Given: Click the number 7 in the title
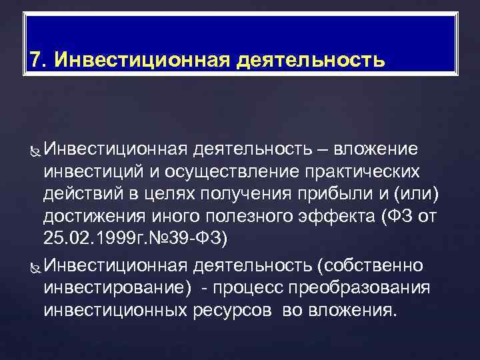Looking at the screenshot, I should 35,61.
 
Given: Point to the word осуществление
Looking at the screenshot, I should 221,172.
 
